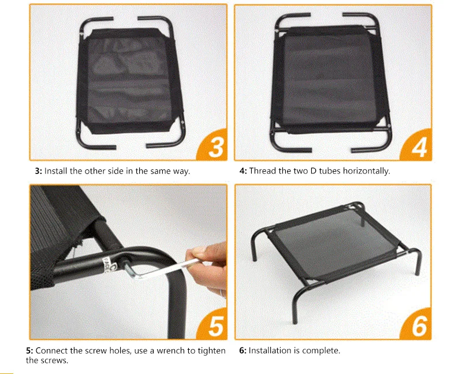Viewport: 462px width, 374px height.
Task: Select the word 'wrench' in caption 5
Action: [x=172, y=351]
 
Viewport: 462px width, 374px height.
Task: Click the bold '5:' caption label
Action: [x=30, y=351]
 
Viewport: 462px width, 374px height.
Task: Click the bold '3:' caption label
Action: [x=39, y=171]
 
